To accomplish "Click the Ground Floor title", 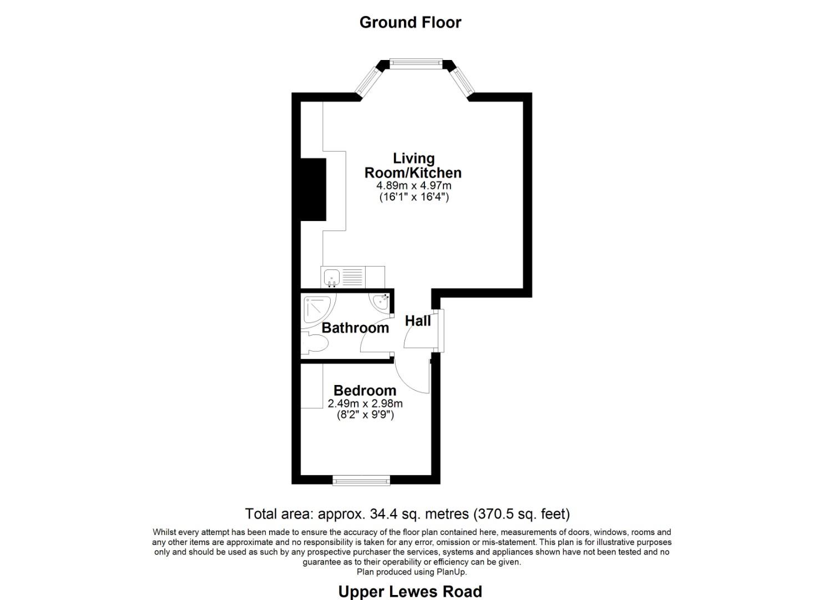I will (x=410, y=22).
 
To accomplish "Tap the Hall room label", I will (x=418, y=321).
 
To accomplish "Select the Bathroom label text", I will (x=355, y=328).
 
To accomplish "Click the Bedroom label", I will (x=365, y=391).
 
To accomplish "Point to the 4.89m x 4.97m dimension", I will (x=414, y=185).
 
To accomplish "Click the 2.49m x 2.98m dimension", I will (x=365, y=403).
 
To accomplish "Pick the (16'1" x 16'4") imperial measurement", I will (x=414, y=196).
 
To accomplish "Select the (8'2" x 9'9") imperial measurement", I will (x=365, y=414).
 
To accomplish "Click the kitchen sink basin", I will (x=331, y=276).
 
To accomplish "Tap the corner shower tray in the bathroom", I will (x=317, y=310).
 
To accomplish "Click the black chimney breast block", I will (x=313, y=189).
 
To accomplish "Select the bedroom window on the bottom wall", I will (x=361, y=480).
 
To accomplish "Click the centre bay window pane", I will (x=416, y=64).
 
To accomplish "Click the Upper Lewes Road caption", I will (x=410, y=592).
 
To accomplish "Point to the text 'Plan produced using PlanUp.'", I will (x=412, y=572).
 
